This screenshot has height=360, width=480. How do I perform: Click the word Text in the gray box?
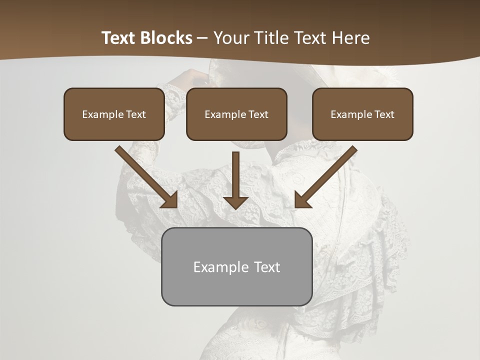tap(266, 267)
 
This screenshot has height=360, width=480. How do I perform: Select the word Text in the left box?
tap(135, 114)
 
